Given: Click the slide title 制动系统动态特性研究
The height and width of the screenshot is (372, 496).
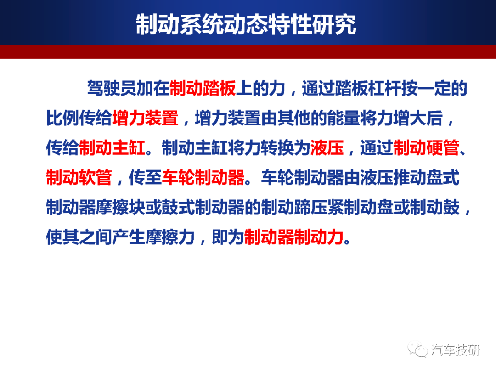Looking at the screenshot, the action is point(246,24).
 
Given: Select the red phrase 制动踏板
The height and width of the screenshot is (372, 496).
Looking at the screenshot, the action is point(203,88).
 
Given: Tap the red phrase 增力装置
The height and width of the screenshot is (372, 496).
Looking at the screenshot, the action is point(145,118).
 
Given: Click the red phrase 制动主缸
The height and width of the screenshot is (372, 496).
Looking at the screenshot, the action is point(113,148).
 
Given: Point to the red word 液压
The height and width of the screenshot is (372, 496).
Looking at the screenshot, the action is point(327,148).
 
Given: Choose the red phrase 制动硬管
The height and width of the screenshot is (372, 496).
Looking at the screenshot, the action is point(426,148).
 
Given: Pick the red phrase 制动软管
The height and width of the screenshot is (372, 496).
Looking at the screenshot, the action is point(79,177).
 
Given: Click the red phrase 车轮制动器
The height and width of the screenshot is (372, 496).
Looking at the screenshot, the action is point(203,177).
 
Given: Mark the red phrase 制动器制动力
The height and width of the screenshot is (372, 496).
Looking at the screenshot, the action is point(294,237).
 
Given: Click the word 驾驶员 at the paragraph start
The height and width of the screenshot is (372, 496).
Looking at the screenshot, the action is point(112,88).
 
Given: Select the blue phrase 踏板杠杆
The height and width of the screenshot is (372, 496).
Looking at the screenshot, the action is point(368,88).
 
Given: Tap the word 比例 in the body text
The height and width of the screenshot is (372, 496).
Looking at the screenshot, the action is point(62,118).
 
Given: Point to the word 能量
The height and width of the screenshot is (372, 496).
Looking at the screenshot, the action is point(344,118).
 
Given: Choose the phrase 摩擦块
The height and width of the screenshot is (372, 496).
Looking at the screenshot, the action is point(120,207).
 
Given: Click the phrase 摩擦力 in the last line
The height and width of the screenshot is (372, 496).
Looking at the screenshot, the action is point(170,237).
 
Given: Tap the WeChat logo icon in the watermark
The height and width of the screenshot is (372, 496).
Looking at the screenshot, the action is point(417,349).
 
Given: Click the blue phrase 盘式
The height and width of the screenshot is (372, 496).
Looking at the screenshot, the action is point(443,177).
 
